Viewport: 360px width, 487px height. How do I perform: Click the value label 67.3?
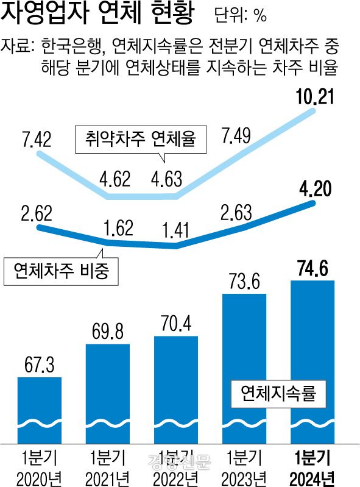pyautogui.click(x=39, y=364)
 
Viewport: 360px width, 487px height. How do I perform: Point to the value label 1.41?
pyautogui.click(x=176, y=231)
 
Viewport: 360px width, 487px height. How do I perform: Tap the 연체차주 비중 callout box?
pyautogui.click(x=60, y=271)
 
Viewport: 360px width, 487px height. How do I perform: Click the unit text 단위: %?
pyautogui.click(x=241, y=16)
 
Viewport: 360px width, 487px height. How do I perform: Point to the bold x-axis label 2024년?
pyautogui.click(x=312, y=476)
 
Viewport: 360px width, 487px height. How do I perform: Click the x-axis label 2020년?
pyautogui.click(x=40, y=476)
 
